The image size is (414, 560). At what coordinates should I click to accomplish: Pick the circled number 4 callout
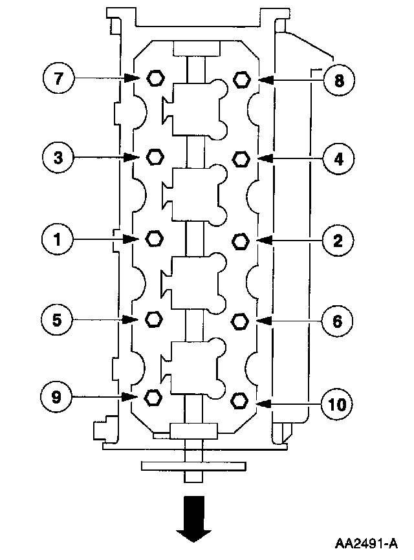[338, 158]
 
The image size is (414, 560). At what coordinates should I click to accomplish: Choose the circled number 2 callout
[338, 241]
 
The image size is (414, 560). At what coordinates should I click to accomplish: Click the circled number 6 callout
[338, 321]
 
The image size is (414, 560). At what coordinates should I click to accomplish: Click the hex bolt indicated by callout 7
[155, 78]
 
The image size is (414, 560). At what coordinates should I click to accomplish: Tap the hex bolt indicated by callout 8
[241, 79]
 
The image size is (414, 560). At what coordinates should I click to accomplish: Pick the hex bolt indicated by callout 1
[155, 239]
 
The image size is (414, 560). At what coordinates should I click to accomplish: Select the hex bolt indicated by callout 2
[241, 241]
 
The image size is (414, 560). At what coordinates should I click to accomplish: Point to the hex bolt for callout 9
[154, 396]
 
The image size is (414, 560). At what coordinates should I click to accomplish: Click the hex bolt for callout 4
[241, 158]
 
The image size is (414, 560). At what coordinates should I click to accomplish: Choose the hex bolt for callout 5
[155, 319]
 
